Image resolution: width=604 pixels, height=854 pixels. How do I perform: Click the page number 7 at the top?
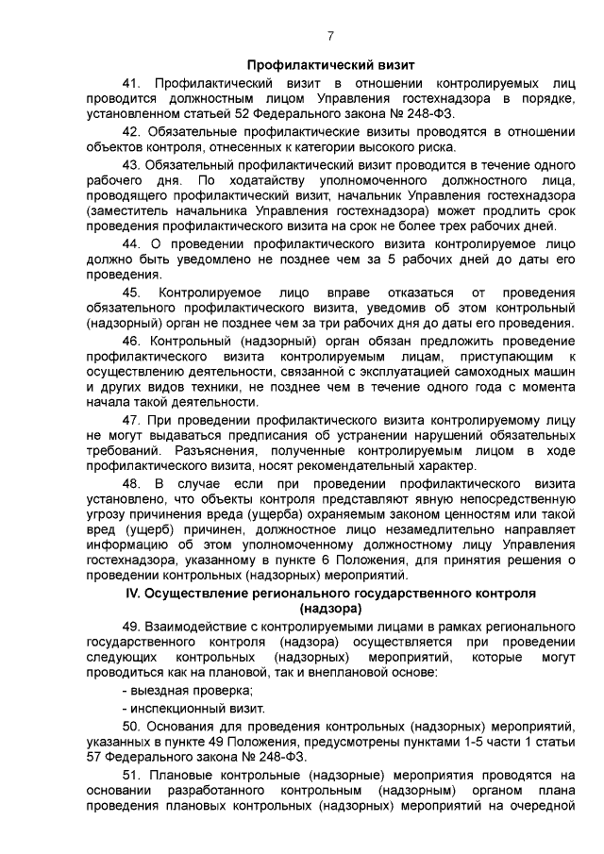point(330,37)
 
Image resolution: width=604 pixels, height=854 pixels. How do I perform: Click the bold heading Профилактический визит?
point(330,66)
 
